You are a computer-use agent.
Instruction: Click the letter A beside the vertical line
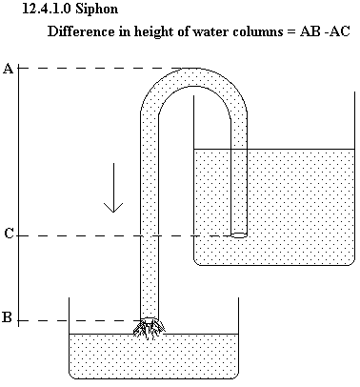point(9,69)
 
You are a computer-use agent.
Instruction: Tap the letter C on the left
point(10,234)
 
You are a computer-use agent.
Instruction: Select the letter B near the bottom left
point(8,317)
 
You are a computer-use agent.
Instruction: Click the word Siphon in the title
point(97,9)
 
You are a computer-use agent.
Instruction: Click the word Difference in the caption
point(81,31)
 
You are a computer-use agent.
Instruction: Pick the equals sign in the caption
point(291,32)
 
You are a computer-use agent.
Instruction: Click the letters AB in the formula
point(310,31)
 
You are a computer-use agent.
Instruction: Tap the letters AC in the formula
point(339,31)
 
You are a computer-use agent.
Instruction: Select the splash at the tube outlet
point(150,328)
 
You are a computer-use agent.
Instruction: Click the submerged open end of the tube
point(239,235)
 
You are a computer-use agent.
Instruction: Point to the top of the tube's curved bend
point(193,69)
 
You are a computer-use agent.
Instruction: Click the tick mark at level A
point(18,68)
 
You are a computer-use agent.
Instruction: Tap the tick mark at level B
point(18,320)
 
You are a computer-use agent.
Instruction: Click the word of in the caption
point(184,31)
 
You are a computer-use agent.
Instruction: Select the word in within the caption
point(125,31)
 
